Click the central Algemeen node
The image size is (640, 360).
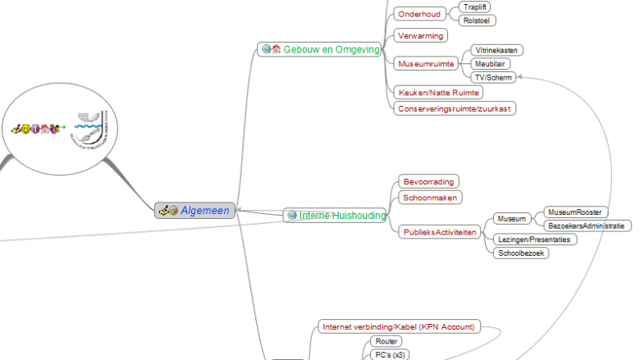pos(196,210)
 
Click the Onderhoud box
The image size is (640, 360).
pos(418,14)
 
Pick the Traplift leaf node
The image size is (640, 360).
pos(477,7)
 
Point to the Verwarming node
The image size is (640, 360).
pos(421,36)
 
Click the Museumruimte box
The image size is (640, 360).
pos(425,63)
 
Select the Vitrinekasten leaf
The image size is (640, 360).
pos(498,50)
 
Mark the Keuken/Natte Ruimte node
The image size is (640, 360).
pos(437,93)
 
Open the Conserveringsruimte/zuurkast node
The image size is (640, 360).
pos(456,108)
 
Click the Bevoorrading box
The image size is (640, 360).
pos(428,181)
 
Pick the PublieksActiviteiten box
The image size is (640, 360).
pos(440,233)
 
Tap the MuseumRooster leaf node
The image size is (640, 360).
pos(575,212)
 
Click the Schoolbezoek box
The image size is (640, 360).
pos(522,253)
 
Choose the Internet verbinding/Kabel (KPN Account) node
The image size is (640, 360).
pos(399,326)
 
